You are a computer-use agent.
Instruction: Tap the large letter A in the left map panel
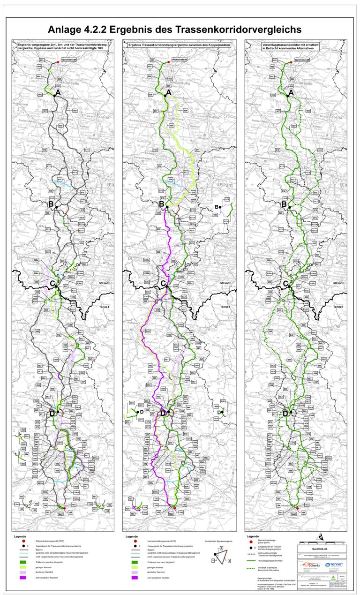click(x=58, y=93)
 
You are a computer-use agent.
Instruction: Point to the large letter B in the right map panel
click(x=284, y=204)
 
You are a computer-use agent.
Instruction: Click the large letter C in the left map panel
click(x=52, y=283)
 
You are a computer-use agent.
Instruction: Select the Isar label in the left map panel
click(x=60, y=514)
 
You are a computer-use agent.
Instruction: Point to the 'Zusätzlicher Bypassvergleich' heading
click(x=219, y=541)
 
